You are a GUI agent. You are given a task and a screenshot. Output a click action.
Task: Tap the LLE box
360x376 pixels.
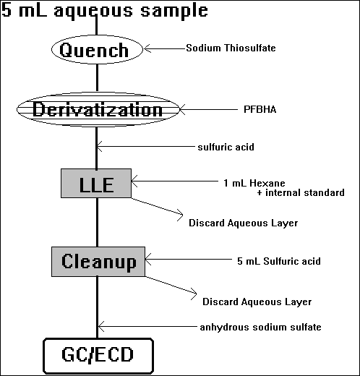point(96,184)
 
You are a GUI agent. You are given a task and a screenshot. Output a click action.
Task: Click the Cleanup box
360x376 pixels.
point(98,262)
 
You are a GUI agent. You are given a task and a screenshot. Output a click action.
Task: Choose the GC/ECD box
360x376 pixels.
point(98,356)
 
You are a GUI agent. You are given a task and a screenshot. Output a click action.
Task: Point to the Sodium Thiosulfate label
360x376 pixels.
point(231,48)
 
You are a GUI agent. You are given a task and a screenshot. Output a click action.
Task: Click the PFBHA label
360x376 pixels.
point(260,109)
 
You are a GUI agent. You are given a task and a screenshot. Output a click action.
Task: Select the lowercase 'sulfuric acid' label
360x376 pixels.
point(226,147)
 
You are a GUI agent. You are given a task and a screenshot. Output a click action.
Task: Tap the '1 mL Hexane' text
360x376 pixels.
point(254,183)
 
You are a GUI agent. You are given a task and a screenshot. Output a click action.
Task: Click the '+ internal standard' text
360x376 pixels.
point(301,192)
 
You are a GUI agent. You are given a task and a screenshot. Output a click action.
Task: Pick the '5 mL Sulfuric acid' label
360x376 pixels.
point(279,261)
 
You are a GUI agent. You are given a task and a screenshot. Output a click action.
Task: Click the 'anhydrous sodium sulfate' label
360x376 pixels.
point(261,327)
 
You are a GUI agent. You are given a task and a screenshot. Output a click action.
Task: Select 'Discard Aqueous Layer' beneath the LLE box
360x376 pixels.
point(244,223)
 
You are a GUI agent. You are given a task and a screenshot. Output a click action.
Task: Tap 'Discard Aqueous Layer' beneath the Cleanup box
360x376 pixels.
point(257,302)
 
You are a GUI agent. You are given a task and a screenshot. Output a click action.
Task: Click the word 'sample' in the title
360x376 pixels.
point(174,11)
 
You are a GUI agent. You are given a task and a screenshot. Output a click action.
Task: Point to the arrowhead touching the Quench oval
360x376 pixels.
point(147,48)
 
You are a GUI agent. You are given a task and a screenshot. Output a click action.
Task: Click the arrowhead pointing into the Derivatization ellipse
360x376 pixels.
point(183,109)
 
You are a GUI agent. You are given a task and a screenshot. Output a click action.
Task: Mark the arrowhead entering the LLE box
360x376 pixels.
point(134,181)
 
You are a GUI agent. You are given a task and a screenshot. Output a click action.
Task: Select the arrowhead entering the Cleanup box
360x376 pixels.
point(148,260)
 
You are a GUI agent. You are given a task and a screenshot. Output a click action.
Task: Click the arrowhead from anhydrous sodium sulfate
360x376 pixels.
point(101,327)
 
